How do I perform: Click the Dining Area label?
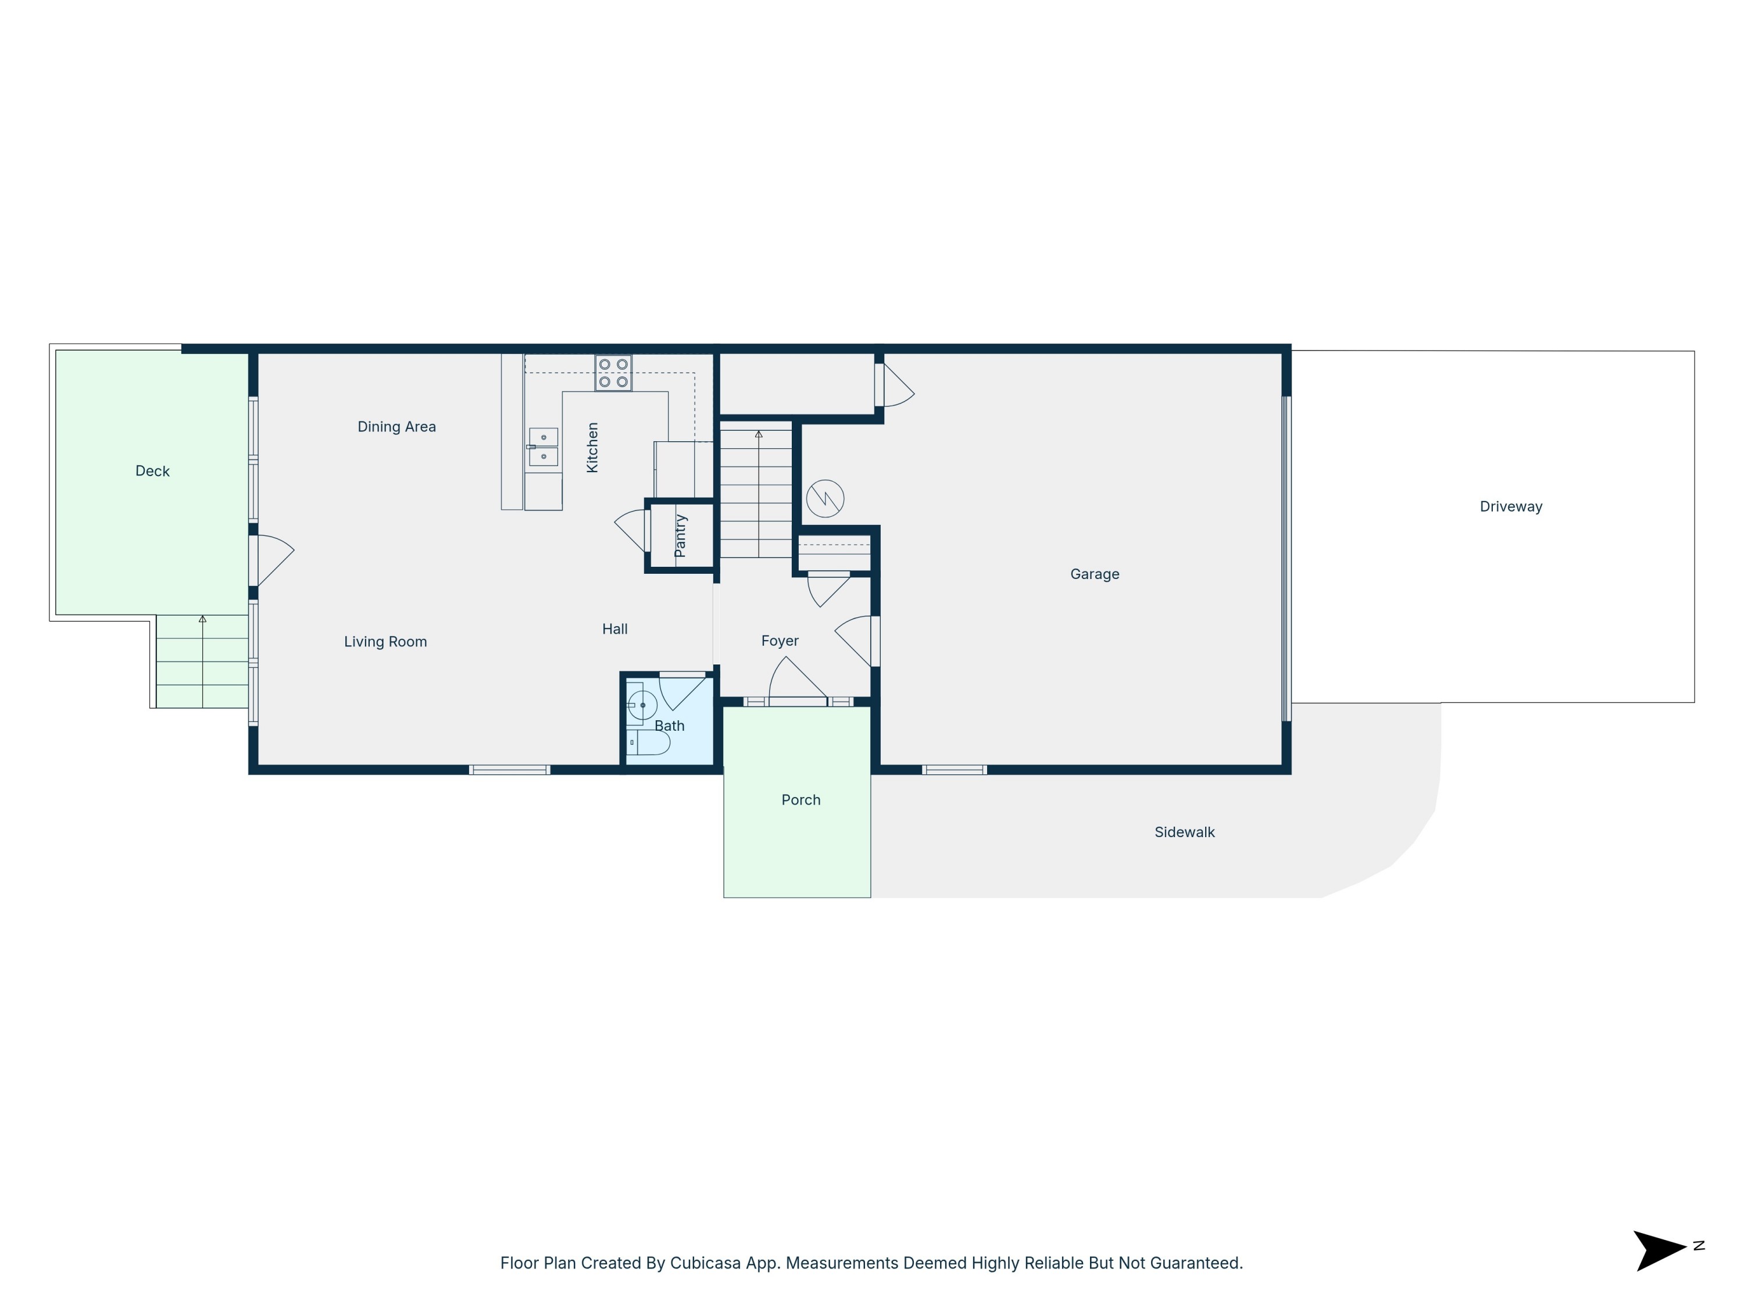pyautogui.click(x=396, y=427)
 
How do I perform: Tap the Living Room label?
pyautogui.click(x=385, y=642)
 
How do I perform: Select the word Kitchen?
pyautogui.click(x=593, y=447)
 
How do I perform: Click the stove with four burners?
pyautogui.click(x=613, y=373)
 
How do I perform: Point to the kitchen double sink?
pyautogui.click(x=543, y=447)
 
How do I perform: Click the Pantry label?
pyautogui.click(x=680, y=536)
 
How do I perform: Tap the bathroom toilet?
pyautogui.click(x=649, y=743)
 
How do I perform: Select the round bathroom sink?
pyautogui.click(x=642, y=705)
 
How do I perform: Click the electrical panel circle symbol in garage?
pyautogui.click(x=825, y=498)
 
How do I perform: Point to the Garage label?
pyautogui.click(x=1094, y=574)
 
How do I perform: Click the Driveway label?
pyautogui.click(x=1511, y=507)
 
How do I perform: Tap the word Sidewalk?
pyautogui.click(x=1184, y=832)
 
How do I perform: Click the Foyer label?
pyautogui.click(x=780, y=641)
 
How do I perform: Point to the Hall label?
pyautogui.click(x=615, y=629)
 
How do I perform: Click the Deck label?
pyautogui.click(x=152, y=471)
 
